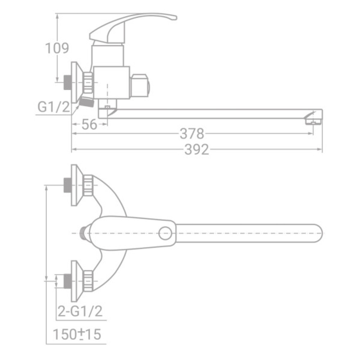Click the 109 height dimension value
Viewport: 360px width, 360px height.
point(57,48)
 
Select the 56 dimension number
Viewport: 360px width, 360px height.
point(89,125)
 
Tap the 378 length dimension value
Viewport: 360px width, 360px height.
point(192,134)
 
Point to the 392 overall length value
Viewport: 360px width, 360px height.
point(197,150)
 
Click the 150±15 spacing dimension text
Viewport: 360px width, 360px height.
point(77,334)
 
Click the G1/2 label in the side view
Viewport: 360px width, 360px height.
point(53,107)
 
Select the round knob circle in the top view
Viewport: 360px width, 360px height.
point(166,233)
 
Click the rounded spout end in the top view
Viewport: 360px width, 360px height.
point(315,233)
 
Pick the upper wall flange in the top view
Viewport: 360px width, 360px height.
point(75,185)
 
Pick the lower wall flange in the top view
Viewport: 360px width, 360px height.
point(75,281)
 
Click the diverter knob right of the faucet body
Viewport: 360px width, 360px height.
point(140,86)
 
